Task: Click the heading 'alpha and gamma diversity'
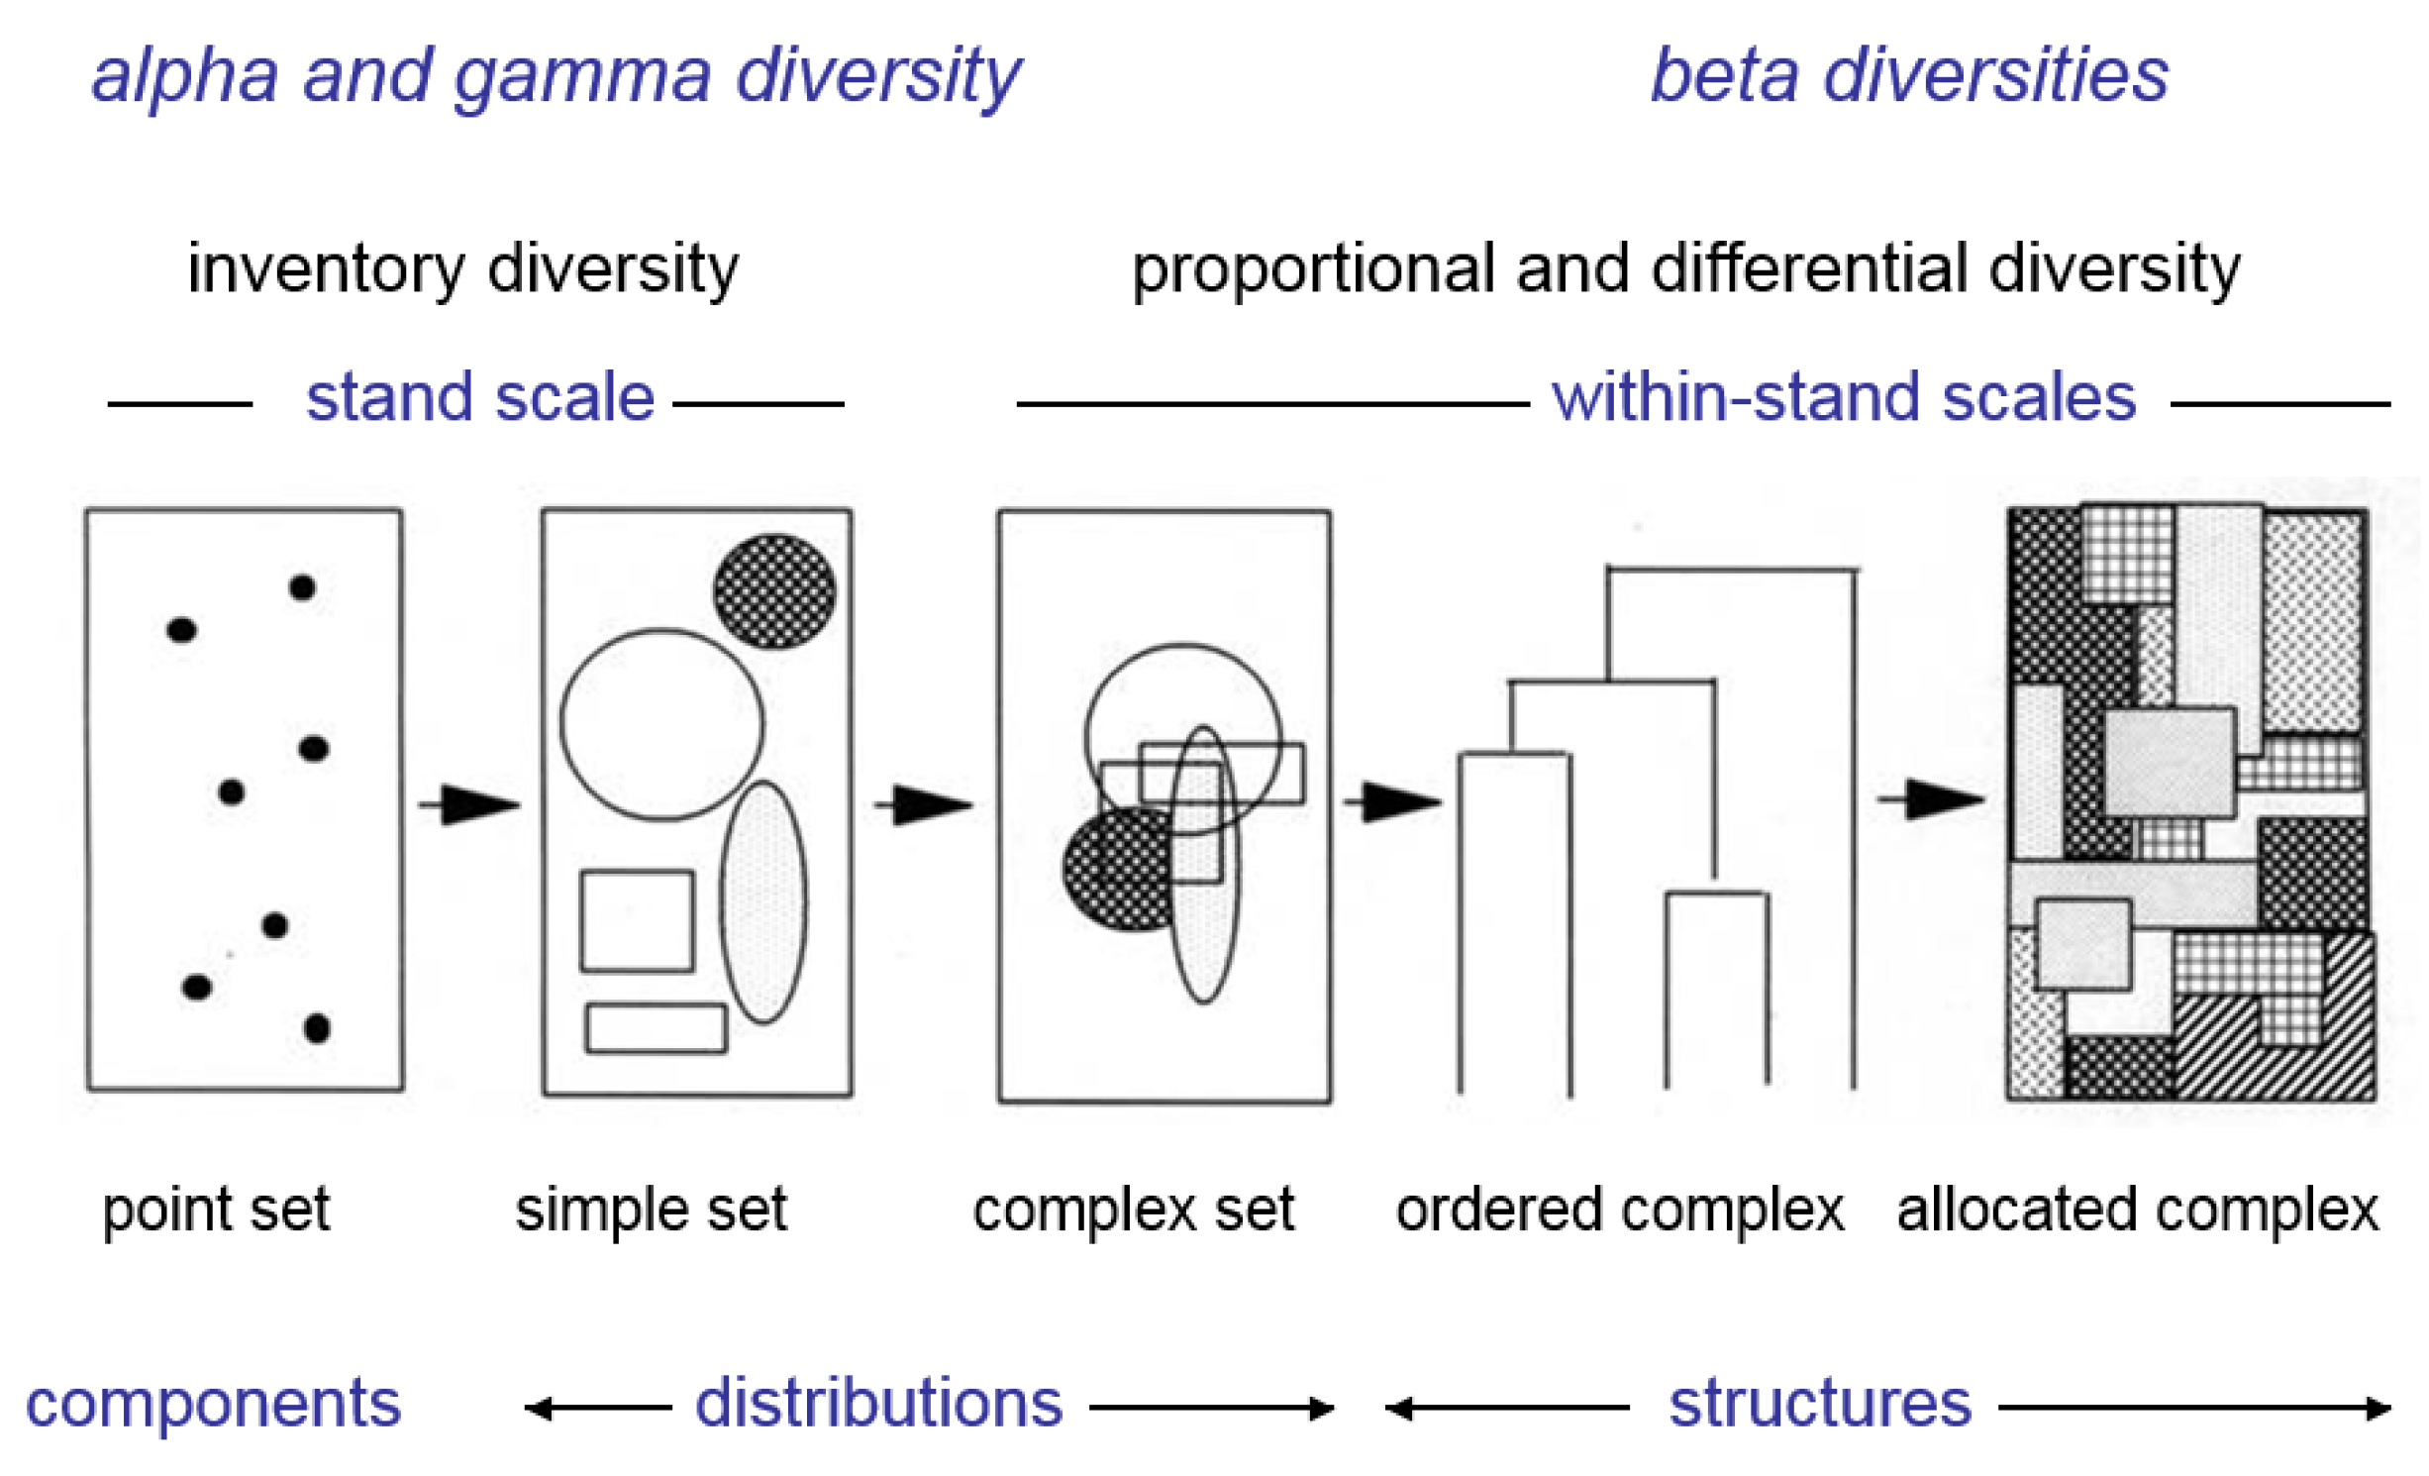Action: pos(556,75)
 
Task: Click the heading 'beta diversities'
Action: pos(1908,75)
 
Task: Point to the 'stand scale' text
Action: pos(480,397)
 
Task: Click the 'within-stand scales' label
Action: pos(1843,397)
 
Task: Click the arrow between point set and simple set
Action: pos(470,803)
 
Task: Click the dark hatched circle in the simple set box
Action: pos(774,590)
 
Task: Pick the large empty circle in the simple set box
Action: pos(661,724)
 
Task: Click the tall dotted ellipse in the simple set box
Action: pos(762,901)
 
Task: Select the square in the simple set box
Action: pos(637,920)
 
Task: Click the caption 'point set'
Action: pos(216,1210)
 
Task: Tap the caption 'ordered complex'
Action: pos(1619,1210)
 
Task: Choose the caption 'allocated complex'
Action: pos(2137,1210)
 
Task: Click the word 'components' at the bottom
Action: pos(213,1403)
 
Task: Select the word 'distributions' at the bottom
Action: pos(878,1403)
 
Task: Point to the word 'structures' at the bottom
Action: pos(1820,1403)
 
